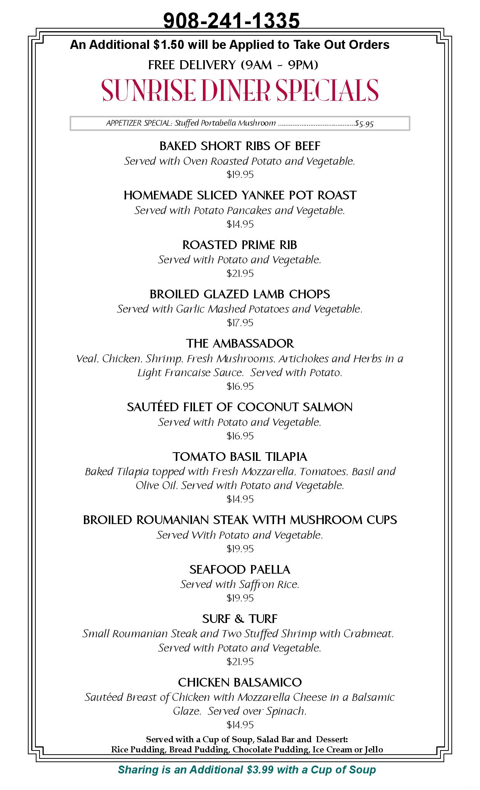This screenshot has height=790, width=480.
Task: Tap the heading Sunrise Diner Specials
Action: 240,90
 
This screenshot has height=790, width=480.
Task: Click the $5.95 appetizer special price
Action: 364,124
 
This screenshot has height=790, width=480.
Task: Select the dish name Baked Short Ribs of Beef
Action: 240,146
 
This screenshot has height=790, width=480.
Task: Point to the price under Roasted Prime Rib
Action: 240,273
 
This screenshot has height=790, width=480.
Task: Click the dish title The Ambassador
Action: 240,343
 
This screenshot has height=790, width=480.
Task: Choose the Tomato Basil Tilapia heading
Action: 240,457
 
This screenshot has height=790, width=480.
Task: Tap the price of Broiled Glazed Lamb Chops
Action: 240,323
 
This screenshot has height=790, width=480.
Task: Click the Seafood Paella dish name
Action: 240,570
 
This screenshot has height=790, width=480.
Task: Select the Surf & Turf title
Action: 240,619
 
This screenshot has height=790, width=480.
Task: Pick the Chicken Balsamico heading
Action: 240,682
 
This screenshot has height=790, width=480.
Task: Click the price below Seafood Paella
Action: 240,598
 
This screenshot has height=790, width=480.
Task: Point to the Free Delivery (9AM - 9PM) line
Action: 233,65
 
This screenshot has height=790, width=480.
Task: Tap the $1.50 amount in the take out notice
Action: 169,45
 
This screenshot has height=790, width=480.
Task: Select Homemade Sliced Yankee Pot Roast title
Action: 240,195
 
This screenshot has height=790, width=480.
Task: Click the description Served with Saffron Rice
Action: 240,584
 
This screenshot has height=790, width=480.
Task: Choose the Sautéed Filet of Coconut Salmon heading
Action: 240,407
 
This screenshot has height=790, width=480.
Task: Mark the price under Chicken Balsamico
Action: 240,725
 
